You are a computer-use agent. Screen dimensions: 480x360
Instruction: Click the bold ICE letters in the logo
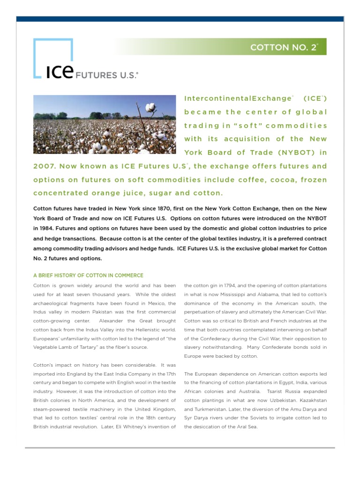(x=60, y=73)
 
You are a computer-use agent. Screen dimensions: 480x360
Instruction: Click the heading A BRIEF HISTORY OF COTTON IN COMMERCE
(x=88, y=275)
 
